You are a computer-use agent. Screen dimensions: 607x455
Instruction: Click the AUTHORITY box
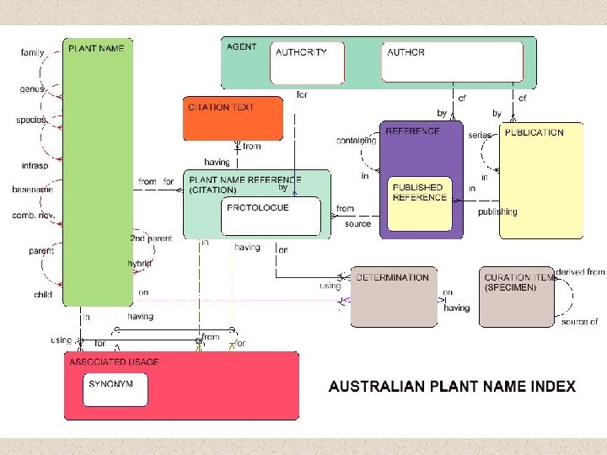(308, 62)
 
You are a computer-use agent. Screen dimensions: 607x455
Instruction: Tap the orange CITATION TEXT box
(233, 119)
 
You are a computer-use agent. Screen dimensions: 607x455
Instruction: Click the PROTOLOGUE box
(271, 217)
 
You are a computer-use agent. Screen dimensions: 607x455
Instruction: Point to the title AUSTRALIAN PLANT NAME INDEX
(452, 387)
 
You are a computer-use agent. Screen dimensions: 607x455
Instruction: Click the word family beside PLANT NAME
(32, 52)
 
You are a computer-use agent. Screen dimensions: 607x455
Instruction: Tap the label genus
(32, 89)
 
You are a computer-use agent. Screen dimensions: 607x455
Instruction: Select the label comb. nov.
(34, 216)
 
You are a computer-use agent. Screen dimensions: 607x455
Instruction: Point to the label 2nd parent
(151, 238)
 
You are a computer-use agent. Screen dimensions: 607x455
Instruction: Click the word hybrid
(139, 264)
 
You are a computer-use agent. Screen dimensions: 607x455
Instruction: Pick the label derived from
(581, 272)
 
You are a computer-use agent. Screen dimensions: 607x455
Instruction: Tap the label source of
(579, 322)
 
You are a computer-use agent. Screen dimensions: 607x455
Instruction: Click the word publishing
(497, 211)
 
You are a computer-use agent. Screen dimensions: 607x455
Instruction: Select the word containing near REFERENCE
(356, 140)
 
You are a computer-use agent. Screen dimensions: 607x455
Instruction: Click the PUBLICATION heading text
(534, 132)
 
